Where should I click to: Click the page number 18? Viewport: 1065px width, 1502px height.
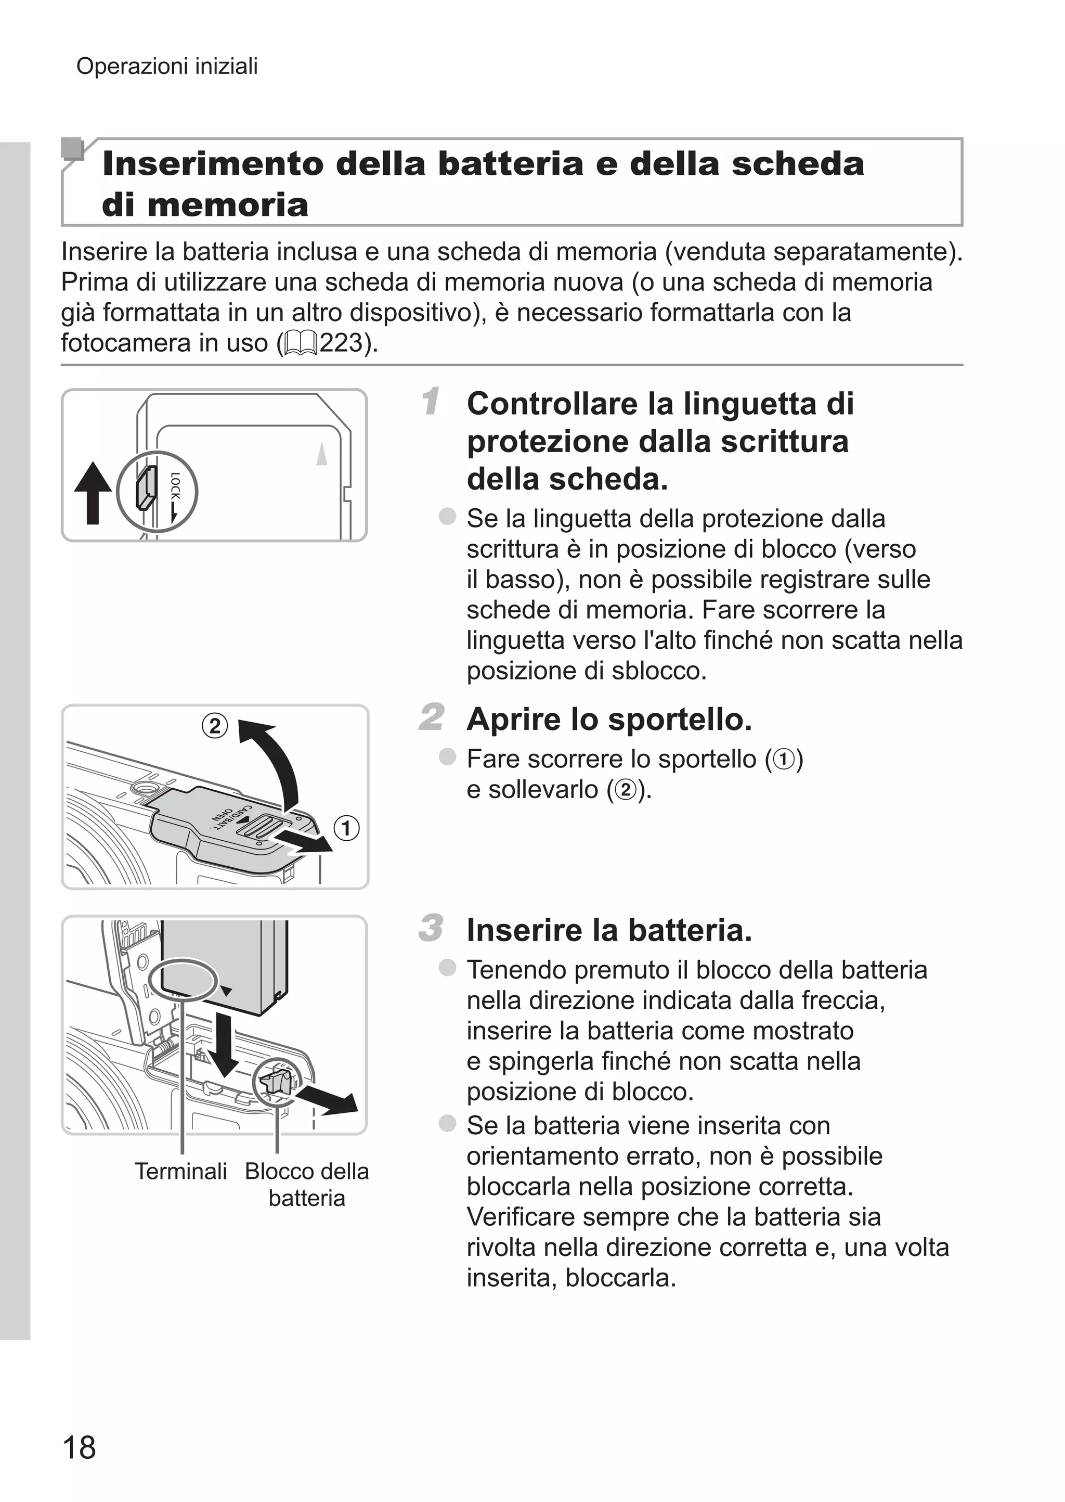point(79,1447)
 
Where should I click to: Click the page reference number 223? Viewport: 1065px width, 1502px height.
point(341,342)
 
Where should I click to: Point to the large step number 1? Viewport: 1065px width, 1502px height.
point(431,402)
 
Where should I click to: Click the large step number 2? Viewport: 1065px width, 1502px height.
point(432,717)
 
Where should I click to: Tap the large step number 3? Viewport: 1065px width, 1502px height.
point(431,928)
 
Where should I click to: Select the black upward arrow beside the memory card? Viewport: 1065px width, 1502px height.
point(93,493)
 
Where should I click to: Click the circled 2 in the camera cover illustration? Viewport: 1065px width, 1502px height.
point(214,726)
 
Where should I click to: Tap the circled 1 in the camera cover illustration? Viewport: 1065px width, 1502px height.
point(346,828)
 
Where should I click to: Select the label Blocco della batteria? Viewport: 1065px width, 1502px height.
point(306,1184)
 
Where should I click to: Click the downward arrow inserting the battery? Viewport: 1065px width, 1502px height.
point(226,1043)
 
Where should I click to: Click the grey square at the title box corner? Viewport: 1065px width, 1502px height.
point(72,149)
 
